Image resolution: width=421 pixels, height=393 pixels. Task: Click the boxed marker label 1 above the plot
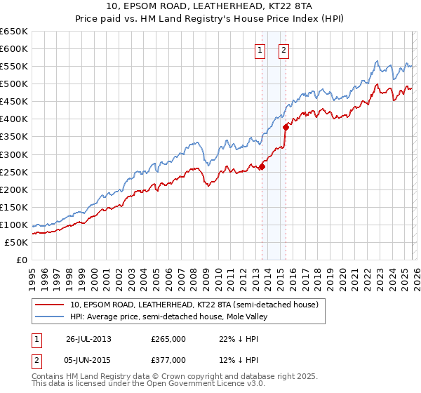click(260, 50)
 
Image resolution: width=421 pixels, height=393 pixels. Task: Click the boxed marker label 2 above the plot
click(283, 50)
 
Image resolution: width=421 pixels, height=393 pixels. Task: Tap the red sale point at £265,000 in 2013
click(262, 166)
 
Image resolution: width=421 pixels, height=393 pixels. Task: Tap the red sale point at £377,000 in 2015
click(286, 127)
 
